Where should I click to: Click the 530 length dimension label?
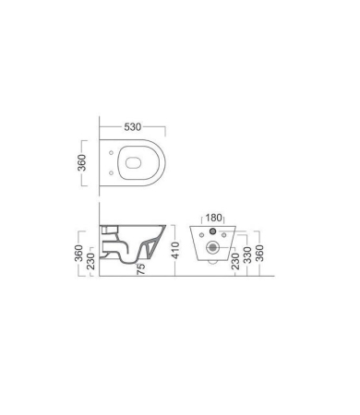click(133, 127)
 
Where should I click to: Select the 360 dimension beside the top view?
click(82, 162)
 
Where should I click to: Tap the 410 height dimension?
click(175, 251)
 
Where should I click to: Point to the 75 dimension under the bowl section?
click(140, 269)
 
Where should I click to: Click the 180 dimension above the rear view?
click(213, 218)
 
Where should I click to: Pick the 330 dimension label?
click(247, 255)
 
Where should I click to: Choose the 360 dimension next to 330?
click(259, 253)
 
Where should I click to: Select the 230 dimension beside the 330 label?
click(235, 261)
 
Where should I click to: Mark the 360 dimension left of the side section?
click(78, 253)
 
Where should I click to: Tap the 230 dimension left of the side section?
click(91, 261)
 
